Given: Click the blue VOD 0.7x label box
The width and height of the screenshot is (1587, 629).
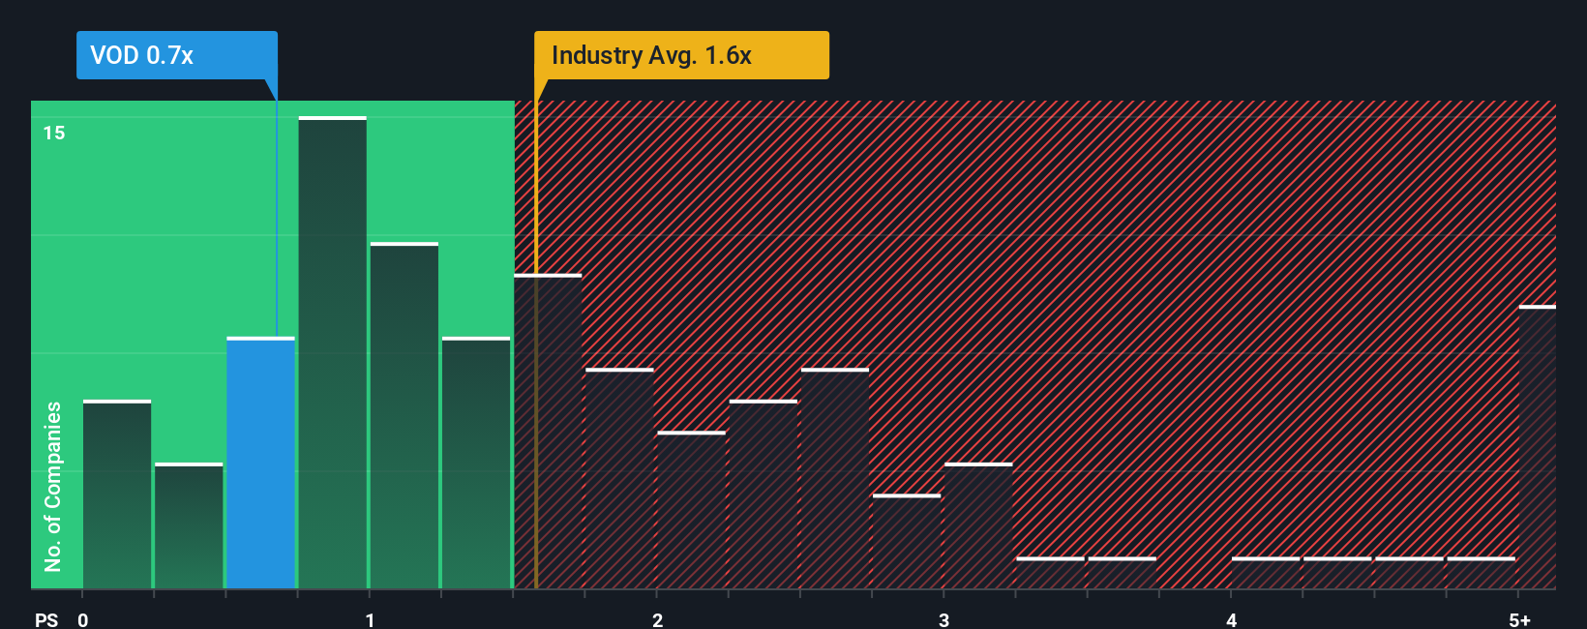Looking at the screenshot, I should (176, 55).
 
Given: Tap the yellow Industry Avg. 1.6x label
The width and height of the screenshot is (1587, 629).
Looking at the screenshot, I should (681, 55).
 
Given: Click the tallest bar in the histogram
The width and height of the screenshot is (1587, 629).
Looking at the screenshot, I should (332, 353).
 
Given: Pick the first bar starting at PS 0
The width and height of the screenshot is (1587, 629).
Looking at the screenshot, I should (117, 494).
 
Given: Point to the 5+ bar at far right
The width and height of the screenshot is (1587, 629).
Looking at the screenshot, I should (1537, 447).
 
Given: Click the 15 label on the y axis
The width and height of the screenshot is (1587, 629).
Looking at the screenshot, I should (54, 133).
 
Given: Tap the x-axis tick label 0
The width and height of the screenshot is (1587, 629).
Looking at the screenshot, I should (83, 620).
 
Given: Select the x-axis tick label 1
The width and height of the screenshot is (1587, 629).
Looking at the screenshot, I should (370, 620).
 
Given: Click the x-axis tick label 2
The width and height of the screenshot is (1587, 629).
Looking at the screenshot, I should (657, 620).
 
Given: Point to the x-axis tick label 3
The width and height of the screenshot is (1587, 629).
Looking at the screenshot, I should (943, 620).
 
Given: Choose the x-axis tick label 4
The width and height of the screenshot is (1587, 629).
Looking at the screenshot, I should (1231, 620).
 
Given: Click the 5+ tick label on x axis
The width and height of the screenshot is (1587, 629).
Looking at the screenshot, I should (1519, 620).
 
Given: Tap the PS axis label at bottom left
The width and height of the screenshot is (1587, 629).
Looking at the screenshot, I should (46, 620).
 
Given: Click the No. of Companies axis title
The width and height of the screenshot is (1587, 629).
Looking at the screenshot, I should (53, 486).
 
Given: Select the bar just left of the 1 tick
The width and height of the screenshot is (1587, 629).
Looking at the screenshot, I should (332, 353).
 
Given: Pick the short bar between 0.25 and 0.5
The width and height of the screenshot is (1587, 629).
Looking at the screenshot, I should (189, 525).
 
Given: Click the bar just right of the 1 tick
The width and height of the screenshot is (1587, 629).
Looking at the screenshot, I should (404, 416).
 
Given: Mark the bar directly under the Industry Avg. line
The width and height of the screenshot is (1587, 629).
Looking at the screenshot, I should (548, 432).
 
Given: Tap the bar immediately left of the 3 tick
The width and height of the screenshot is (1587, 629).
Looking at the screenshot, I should (907, 542).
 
